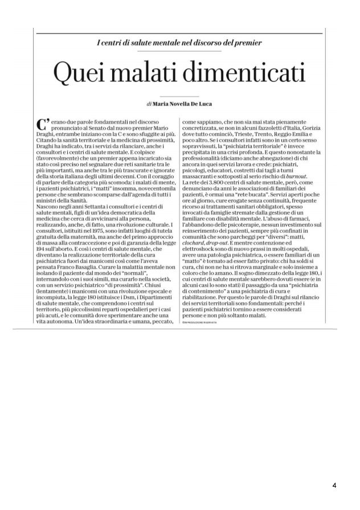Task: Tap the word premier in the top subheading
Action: [248, 43]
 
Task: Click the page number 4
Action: [334, 485]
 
